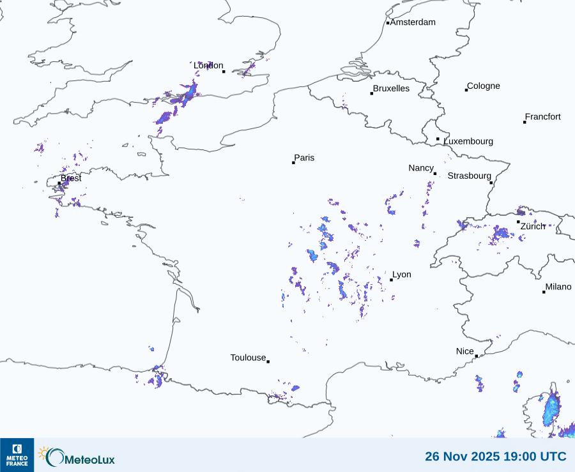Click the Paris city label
tap(304, 158)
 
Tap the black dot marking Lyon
tap(391, 280)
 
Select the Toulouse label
tap(248, 358)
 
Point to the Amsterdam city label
tap(413, 22)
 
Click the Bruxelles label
tap(391, 89)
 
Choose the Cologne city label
tap(484, 86)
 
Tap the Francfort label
tap(543, 117)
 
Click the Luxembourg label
tap(468, 141)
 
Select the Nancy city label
tap(421, 168)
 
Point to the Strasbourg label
tap(470, 176)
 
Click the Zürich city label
tap(533, 226)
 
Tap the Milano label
tap(558, 287)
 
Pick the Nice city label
tap(465, 351)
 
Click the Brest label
tap(71, 178)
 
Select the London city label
tap(208, 66)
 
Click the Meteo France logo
tap(17, 455)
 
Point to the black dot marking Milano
tap(544, 292)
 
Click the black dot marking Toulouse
tap(268, 362)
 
